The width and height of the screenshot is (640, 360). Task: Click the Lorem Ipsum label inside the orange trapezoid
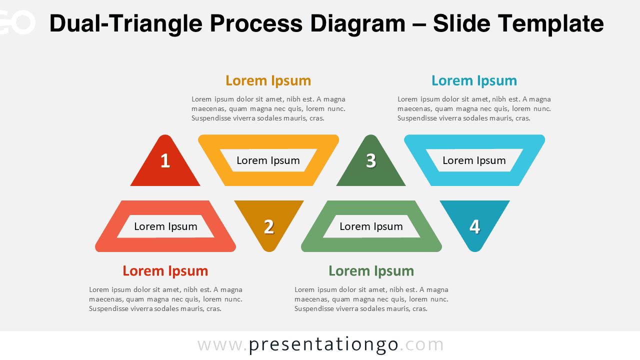pos(268,160)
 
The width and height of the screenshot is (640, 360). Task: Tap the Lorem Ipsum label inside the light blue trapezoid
pos(474,160)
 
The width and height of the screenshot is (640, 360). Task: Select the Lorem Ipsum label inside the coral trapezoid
pos(165,226)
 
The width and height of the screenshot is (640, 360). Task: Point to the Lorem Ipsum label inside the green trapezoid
pos(371,226)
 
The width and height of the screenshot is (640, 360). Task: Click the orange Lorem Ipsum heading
pos(268,81)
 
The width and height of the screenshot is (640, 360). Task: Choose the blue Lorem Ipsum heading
pos(474,81)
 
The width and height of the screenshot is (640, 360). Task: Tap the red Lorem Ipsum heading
pos(165,271)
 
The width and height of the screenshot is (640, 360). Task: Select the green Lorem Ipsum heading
pos(371,271)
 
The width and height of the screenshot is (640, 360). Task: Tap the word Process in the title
pos(256,23)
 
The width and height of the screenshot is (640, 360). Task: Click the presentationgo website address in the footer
pos(320,345)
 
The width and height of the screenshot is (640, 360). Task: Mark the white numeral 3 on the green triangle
pos(371,160)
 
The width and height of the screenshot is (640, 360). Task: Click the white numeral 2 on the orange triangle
pos(269,227)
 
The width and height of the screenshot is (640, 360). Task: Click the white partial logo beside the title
pos(17,22)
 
